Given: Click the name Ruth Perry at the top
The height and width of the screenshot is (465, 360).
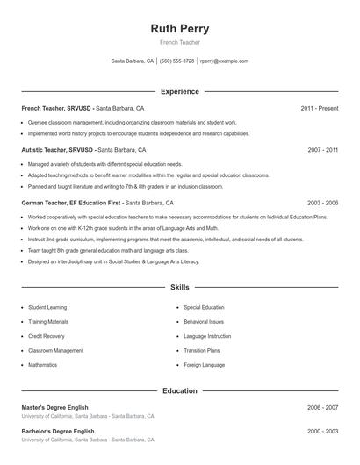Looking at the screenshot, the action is (180, 28).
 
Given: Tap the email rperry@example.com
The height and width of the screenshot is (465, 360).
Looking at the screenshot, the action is (224, 61).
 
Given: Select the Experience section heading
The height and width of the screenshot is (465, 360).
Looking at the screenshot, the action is (180, 91).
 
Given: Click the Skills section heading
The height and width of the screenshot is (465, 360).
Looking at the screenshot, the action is (180, 287).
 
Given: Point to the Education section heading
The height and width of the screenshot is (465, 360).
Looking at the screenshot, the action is (180, 390).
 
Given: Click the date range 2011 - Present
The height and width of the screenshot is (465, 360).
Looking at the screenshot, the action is (320, 108).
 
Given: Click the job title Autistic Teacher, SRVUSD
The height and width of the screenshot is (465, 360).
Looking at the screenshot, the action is (58, 150).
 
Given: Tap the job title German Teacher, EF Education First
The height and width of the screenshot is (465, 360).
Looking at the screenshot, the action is (72, 203).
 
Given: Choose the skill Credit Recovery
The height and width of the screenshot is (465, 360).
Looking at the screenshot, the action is (47, 336).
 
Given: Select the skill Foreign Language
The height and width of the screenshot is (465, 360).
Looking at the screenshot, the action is (205, 364).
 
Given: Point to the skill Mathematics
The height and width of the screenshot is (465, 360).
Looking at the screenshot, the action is (42, 364).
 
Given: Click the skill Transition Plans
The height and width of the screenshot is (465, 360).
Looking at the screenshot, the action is (202, 350).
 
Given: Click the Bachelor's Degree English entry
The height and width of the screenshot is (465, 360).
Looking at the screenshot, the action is (58, 432).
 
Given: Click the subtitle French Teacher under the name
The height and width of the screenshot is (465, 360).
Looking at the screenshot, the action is (180, 42).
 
